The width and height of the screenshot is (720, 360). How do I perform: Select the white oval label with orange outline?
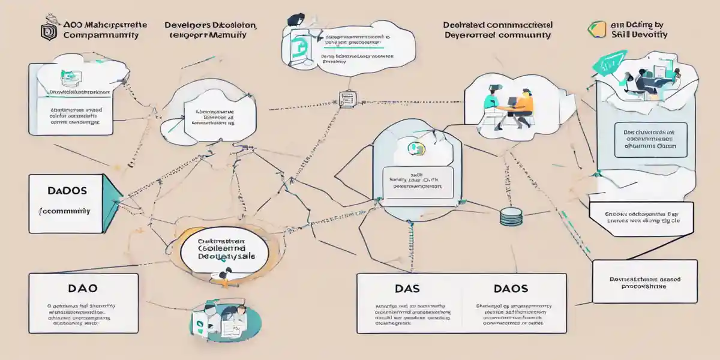point(223,248)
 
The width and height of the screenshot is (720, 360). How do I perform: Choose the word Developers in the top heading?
point(188,26)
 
